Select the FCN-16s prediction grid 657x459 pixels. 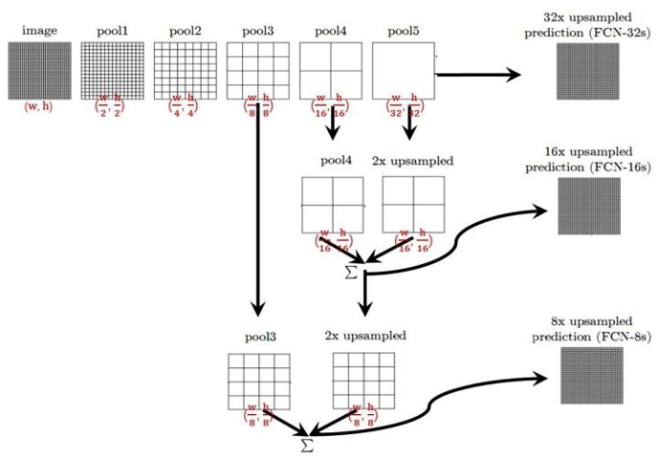pyautogui.click(x=589, y=208)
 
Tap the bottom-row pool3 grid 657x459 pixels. pyautogui.click(x=258, y=381)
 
